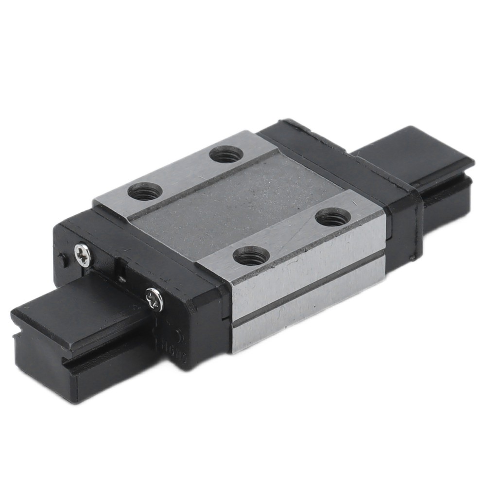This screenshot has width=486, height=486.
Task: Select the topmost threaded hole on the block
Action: [x=226, y=155]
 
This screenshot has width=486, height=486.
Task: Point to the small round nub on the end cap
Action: [x=61, y=260]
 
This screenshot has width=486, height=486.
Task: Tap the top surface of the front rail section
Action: [x=73, y=316]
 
